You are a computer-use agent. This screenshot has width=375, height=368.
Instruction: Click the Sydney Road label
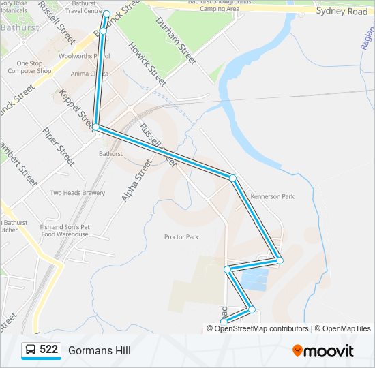tap(342, 12)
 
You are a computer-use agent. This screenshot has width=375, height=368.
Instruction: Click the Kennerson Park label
tap(272, 196)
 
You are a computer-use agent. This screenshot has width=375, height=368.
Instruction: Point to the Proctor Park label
tap(181, 237)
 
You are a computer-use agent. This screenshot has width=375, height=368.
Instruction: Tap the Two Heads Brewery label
tap(78, 193)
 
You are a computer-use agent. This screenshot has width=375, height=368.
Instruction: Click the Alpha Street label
tap(135, 181)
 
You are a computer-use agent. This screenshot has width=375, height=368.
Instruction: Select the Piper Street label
tap(58, 147)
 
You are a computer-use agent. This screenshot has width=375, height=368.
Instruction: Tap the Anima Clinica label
tap(89, 74)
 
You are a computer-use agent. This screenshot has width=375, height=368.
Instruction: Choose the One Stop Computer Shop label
tap(29, 67)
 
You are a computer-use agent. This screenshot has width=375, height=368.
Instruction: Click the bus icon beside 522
tap(31, 350)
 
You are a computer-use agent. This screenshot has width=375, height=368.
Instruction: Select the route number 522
tap(48, 350)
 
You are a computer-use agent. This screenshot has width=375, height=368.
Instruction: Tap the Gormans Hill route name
tap(99, 350)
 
